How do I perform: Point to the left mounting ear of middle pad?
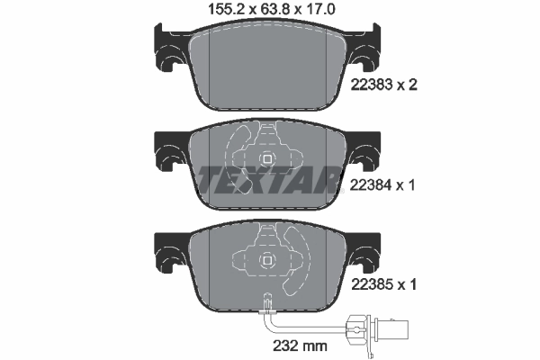169,155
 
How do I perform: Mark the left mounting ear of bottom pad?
169,254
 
